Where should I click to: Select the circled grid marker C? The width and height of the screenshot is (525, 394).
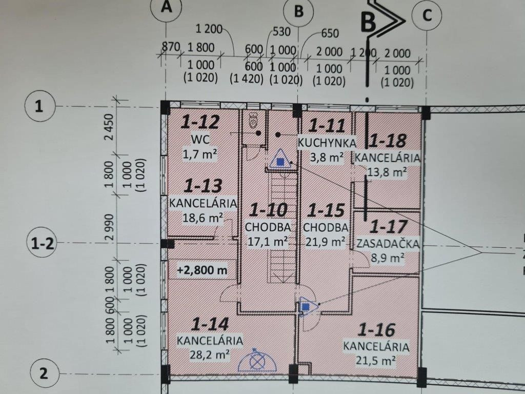point(427,15)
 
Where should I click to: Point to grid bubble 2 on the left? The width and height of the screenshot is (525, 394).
point(44,373)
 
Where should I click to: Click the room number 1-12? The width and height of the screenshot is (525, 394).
point(200,122)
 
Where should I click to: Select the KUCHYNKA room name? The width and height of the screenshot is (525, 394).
point(327,143)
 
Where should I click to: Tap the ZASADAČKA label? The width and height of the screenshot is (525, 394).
point(388,244)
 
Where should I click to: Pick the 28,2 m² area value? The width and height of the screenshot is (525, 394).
point(210,354)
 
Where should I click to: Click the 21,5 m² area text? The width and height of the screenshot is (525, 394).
point(376,360)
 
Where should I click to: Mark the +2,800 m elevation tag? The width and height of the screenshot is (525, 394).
point(202,270)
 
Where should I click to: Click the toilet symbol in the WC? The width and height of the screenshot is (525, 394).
point(253,120)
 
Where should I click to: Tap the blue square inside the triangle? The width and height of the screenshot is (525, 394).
point(280,162)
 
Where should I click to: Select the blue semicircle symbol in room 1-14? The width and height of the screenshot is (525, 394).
point(257,361)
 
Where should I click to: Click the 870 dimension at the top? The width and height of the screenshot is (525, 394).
point(171,47)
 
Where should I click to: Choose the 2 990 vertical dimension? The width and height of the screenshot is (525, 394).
point(110,227)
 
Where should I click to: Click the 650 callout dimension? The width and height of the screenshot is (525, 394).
point(330,33)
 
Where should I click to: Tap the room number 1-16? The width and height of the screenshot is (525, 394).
point(376,330)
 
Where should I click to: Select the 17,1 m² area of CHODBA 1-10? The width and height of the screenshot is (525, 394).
point(268,241)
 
